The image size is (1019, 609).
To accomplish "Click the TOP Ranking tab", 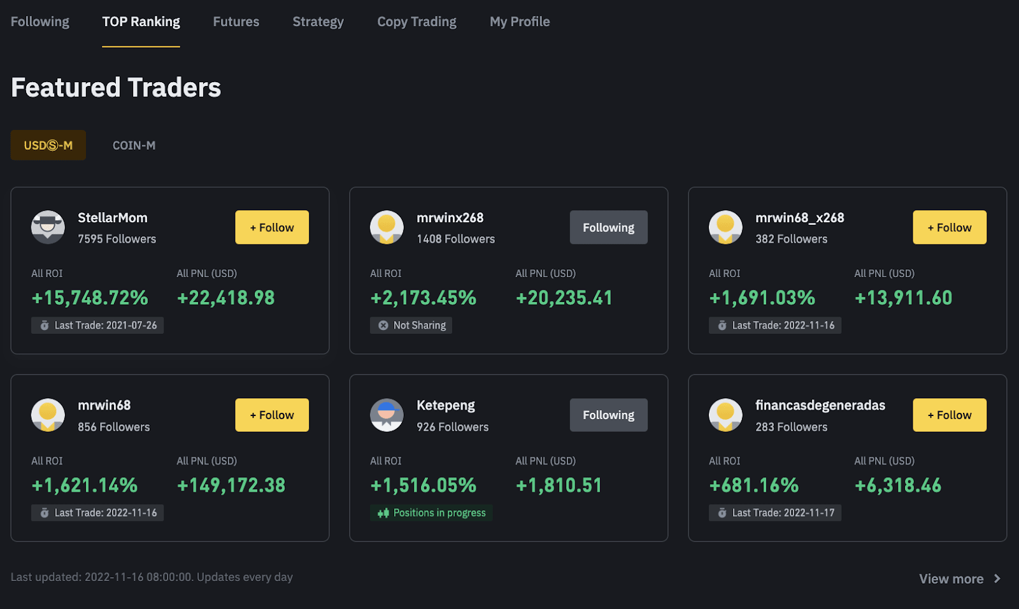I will (141, 22).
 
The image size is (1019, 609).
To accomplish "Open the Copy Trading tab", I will (417, 22).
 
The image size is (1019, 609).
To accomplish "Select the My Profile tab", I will (520, 22).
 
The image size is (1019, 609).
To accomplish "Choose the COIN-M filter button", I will (134, 145).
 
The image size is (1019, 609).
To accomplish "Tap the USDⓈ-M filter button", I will (48, 145).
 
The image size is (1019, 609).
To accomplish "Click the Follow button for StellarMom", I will (272, 227).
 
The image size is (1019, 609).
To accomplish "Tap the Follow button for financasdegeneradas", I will (949, 415).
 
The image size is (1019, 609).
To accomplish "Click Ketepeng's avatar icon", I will (387, 415).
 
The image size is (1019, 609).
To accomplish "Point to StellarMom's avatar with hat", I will (48, 227).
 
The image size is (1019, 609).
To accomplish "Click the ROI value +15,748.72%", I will (90, 297).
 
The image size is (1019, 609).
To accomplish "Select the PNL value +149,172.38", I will (231, 485).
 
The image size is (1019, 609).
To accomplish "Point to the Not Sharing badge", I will (411, 326).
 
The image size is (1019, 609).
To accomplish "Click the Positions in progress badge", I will (431, 513).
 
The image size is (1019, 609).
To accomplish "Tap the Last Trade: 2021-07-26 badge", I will (97, 326).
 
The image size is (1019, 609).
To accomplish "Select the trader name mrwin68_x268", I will (799, 218).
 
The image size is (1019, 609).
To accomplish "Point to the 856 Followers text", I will (113, 427).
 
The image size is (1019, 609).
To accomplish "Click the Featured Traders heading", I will (116, 88).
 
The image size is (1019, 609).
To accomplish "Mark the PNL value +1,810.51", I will (559, 485).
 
